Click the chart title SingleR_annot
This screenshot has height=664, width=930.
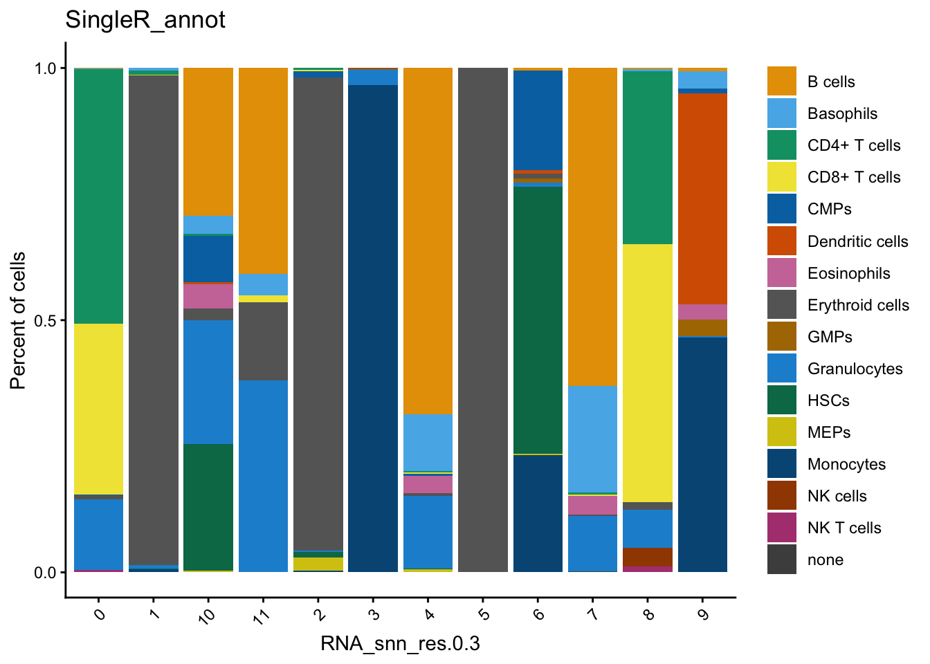pyautogui.click(x=145, y=19)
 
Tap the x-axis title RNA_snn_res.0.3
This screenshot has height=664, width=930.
pyautogui.click(x=400, y=643)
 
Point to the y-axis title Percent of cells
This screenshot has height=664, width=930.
pyautogui.click(x=18, y=320)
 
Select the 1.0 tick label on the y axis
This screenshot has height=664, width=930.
pyautogui.click(x=46, y=68)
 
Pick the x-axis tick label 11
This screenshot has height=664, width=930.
pyautogui.click(x=261, y=616)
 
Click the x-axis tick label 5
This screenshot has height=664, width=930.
pyautogui.click(x=484, y=614)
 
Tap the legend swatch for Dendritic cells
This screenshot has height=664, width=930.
pyautogui.click(x=782, y=241)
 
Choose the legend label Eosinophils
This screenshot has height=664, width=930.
pyautogui.click(x=848, y=273)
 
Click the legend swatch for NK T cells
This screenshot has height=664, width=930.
pyautogui.click(x=782, y=528)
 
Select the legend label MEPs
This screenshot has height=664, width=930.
pyautogui.click(x=828, y=432)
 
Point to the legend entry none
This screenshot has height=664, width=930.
pyautogui.click(x=825, y=560)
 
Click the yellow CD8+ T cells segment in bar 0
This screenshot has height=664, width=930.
pyautogui.click(x=98, y=408)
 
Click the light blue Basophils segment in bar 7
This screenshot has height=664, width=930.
pyautogui.click(x=592, y=439)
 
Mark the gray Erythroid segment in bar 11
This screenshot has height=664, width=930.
pyautogui.click(x=263, y=341)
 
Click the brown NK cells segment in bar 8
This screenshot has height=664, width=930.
pyautogui.click(x=648, y=557)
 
